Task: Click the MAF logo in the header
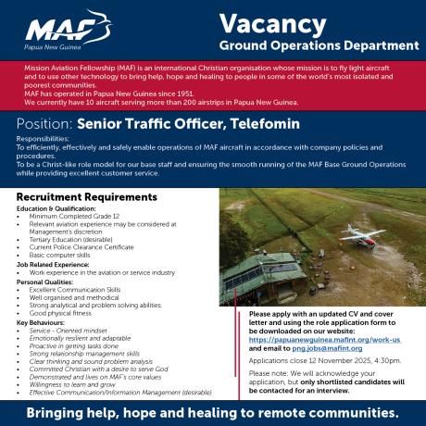coord(81,31)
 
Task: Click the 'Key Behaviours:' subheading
coord(40,322)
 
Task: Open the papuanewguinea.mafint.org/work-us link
coord(318,340)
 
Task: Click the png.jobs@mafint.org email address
coord(320,348)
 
